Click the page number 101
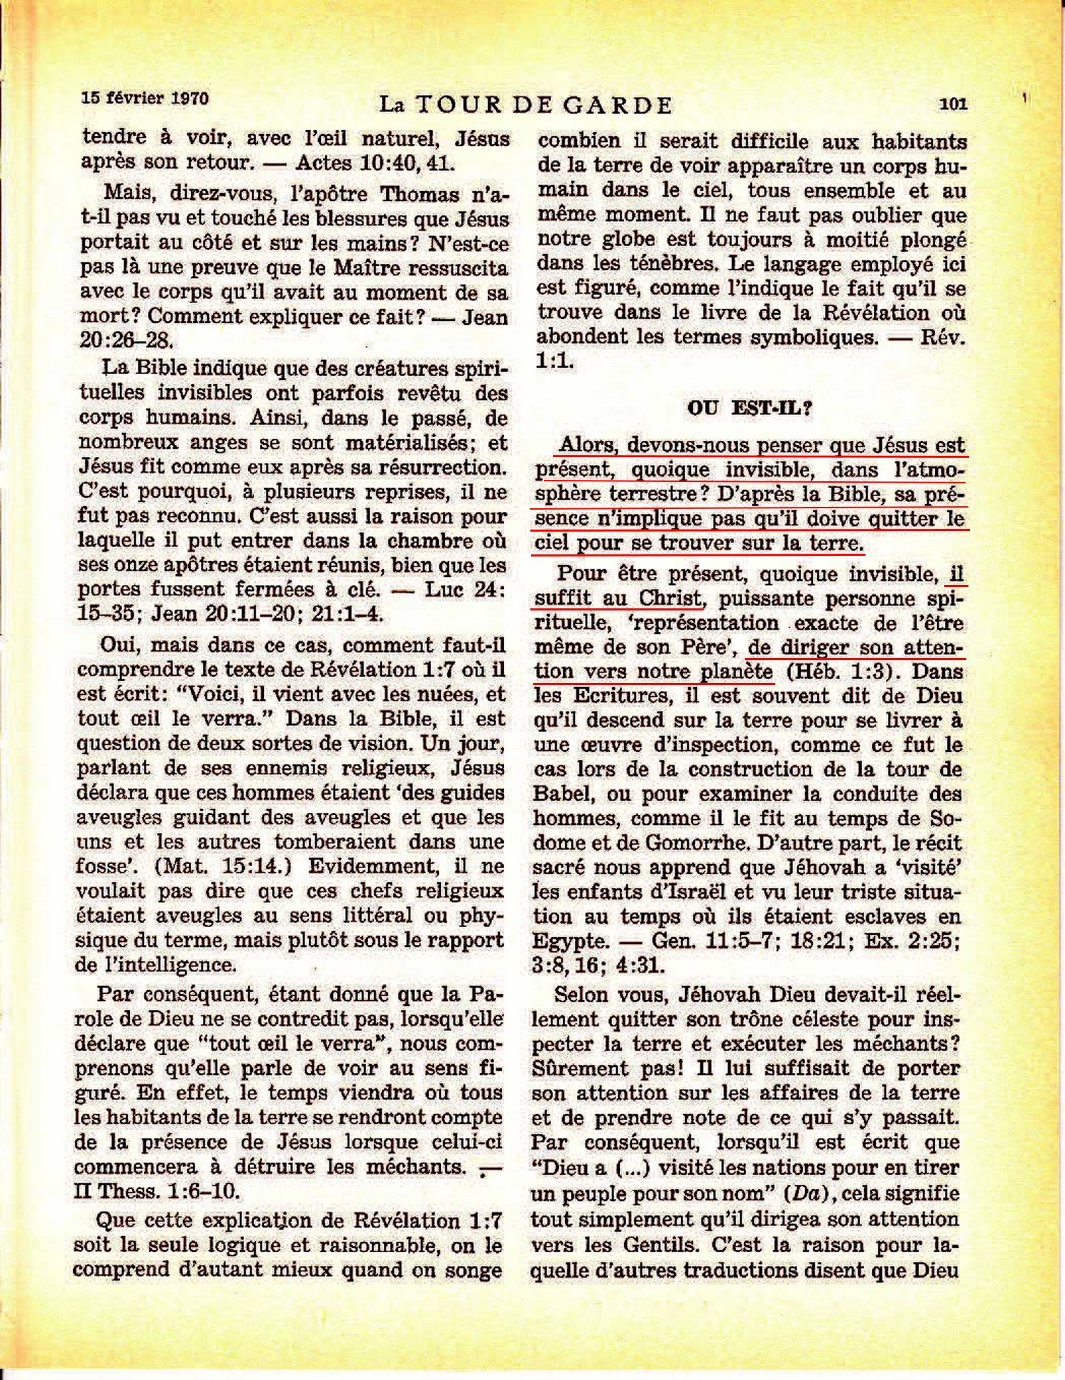coord(953,104)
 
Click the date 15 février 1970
coord(145,97)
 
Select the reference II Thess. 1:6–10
coord(157,1190)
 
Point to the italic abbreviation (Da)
coord(805,1193)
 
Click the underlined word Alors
coord(586,445)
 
